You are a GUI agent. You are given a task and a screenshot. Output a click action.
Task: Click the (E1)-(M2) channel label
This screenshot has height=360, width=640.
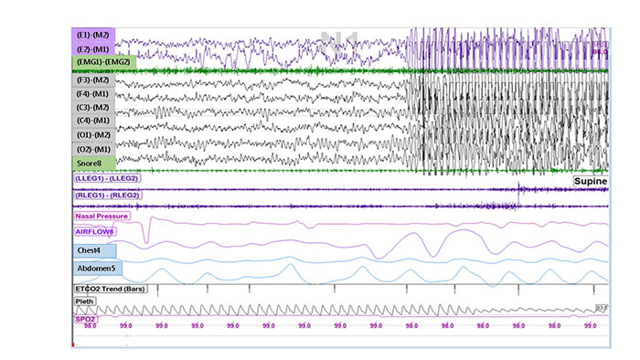[x=94, y=35]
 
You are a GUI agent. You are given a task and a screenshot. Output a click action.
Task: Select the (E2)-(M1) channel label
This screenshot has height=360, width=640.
[x=94, y=48]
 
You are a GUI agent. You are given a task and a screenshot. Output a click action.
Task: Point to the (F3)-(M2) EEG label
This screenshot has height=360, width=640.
[x=95, y=79]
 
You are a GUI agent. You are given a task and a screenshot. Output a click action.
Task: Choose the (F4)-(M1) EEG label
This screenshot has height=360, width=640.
[x=95, y=93]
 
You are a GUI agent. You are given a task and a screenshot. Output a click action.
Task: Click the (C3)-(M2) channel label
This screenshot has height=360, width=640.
[x=95, y=107]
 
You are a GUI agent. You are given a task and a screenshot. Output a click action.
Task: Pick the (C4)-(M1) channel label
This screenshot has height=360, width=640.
[x=95, y=121]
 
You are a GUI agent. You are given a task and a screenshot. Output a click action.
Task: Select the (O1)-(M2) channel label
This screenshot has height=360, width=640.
[x=95, y=134]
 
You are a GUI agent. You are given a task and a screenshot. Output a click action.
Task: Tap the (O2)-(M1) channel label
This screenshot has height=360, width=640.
[x=95, y=148]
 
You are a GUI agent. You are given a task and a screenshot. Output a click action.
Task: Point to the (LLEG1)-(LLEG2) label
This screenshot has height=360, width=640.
[x=112, y=178]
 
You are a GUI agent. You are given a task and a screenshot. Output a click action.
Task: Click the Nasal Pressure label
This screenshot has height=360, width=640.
[x=101, y=217]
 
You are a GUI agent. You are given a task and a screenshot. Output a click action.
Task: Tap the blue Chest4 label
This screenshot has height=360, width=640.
[x=95, y=249]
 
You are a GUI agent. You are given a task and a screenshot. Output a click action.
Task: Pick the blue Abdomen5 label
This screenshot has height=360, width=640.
[x=98, y=268]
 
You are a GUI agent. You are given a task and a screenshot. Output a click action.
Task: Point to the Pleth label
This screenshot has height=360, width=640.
[x=84, y=300]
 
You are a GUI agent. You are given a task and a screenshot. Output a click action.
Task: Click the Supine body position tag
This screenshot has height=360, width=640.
[x=590, y=182]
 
